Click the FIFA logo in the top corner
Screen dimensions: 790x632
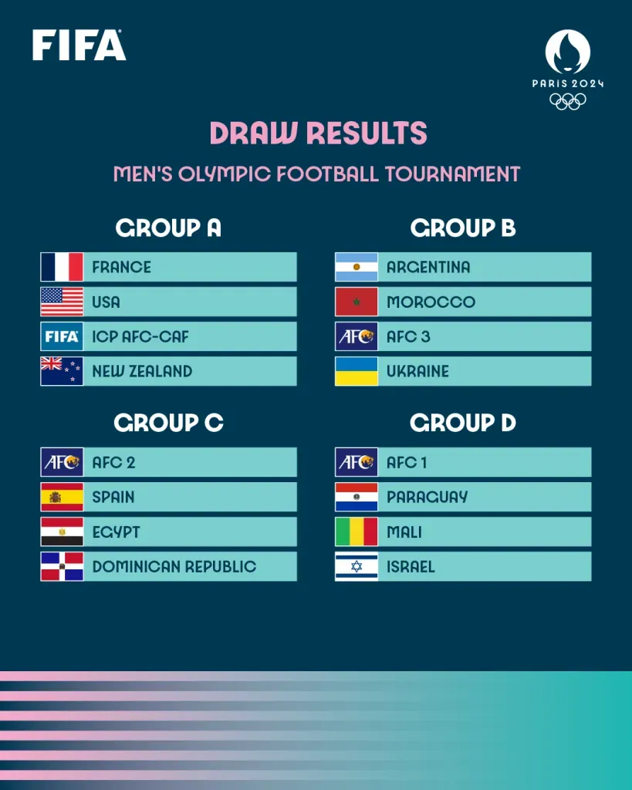[79, 46]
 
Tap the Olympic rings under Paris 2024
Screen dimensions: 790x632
[568, 101]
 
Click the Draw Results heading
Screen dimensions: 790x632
[317, 133]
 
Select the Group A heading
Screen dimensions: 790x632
[168, 228]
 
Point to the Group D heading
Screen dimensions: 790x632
[463, 423]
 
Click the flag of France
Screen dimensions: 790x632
[62, 267]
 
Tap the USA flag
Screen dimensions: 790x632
[62, 302]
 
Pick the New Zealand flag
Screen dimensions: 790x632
[62, 371]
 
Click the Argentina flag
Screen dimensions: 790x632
[357, 267]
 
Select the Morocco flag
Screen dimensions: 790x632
[357, 302]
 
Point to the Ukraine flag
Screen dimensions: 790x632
[357, 371]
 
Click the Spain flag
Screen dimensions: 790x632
[62, 497]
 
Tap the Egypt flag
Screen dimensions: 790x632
[62, 532]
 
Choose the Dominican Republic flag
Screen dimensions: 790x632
[62, 566]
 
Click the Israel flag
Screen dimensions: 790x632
[357, 566]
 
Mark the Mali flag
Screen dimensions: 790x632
[357, 532]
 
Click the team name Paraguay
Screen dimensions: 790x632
[427, 497]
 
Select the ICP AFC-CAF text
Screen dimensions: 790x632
[140, 336]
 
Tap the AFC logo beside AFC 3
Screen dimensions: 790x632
[357, 336]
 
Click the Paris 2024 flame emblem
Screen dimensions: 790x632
[568, 52]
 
